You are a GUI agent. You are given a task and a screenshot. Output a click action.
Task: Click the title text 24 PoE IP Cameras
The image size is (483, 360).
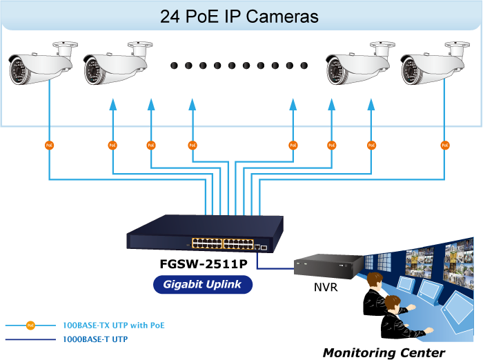pos(239,17)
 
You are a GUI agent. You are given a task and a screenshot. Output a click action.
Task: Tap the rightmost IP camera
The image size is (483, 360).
pos(435,63)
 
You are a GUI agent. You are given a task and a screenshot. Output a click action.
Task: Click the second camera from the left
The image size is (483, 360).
pos(118,63)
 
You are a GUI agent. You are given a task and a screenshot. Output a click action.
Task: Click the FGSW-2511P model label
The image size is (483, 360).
pos(204,264)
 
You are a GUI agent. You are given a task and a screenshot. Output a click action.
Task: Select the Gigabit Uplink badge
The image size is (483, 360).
pos(203,284)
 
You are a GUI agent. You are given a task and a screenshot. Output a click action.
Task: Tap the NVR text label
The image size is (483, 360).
pos(326,287)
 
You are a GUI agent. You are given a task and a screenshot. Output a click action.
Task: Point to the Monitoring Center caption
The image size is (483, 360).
pos(384,352)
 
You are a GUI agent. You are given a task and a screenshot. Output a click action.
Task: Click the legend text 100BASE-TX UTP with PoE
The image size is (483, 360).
pos(114,326)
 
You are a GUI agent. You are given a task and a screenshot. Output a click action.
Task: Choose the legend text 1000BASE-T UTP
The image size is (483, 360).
pos(95,339)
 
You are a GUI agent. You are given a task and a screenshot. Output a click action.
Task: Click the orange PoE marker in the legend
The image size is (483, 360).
pos(30,326)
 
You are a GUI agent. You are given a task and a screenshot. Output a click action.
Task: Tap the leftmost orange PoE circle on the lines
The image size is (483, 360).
pos(49,145)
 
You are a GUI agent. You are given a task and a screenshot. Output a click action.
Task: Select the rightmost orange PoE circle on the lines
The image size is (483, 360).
pos(445,145)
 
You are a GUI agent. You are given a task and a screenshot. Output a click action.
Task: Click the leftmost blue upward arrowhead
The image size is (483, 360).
pos(113,104)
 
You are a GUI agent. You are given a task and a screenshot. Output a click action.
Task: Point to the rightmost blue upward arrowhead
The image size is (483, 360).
pos(371,104)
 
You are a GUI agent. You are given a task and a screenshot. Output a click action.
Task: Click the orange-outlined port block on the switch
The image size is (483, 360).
pos(222,243)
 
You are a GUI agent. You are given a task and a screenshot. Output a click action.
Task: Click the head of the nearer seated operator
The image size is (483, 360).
pos(393,303)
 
